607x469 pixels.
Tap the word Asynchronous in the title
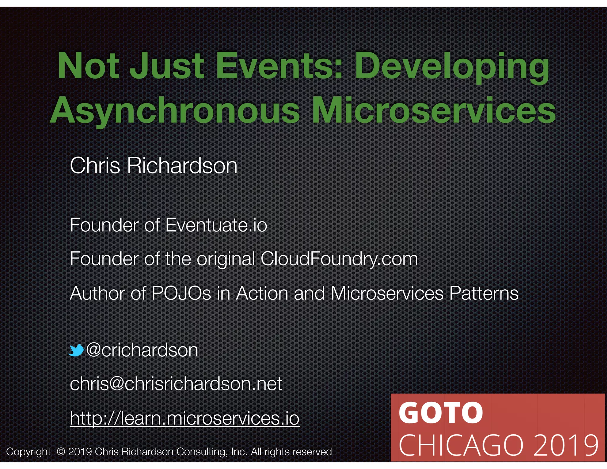[x=175, y=111]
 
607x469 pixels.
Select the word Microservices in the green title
[x=434, y=111]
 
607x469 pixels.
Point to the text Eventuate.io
[x=216, y=225]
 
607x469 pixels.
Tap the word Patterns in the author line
[x=484, y=293]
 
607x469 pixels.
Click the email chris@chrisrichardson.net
[x=176, y=384]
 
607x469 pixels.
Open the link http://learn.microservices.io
[x=185, y=418]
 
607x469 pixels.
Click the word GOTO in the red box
[x=440, y=413]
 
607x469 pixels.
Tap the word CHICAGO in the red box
[x=461, y=445]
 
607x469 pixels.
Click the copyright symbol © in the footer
[x=61, y=452]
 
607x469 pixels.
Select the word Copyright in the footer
[x=28, y=452]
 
